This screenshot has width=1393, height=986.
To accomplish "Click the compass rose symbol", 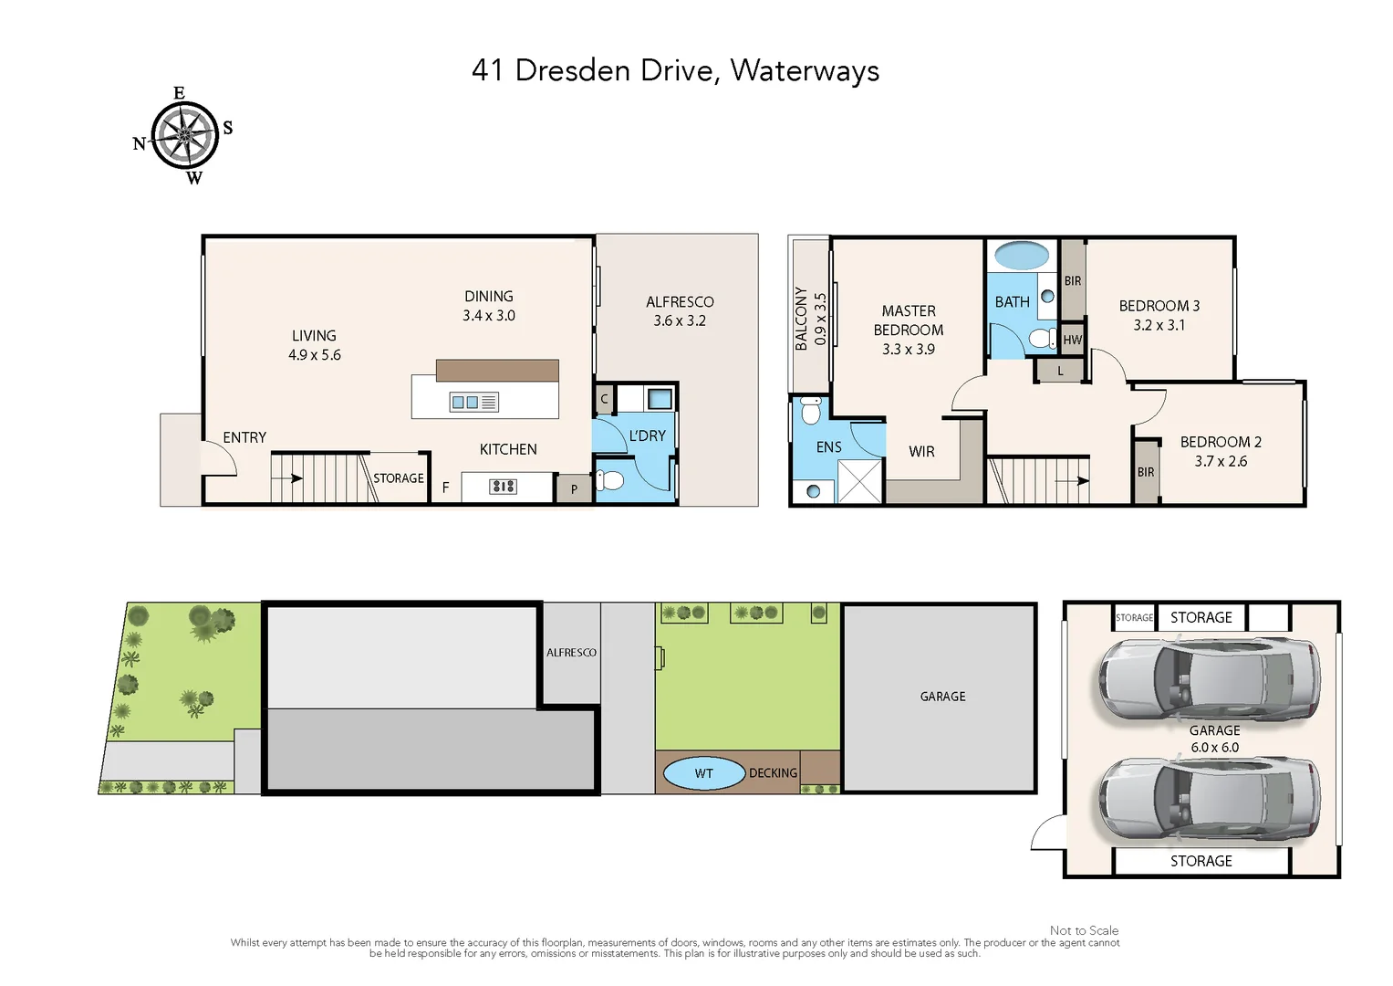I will (x=184, y=135).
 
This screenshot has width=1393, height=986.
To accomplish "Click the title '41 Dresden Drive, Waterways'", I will (x=675, y=70).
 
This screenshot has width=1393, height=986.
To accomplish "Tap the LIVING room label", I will (x=314, y=336).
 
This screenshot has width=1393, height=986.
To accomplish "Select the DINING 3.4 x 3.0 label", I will (x=489, y=306).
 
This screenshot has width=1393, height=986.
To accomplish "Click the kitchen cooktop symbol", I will (x=503, y=487).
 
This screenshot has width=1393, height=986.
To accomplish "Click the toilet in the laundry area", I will (x=609, y=480).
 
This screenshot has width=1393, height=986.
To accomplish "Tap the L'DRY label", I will (x=647, y=436).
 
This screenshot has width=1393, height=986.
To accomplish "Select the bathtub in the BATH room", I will (x=1022, y=256).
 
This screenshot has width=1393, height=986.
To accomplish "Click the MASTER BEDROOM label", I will (x=909, y=320).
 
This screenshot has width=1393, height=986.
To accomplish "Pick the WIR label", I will (x=921, y=452).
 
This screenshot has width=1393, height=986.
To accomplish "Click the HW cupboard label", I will (x=1073, y=340).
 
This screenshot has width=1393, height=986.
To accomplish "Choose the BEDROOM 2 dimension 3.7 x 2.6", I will (x=1221, y=462).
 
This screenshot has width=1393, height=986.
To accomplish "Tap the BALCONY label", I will (x=801, y=319).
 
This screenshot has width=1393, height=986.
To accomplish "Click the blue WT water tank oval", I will (x=703, y=773).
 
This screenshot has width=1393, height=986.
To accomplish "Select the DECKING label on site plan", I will (x=773, y=773).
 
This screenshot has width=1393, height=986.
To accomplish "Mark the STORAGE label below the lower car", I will (x=1201, y=861).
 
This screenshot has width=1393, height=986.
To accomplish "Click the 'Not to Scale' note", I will (x=1084, y=930).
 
